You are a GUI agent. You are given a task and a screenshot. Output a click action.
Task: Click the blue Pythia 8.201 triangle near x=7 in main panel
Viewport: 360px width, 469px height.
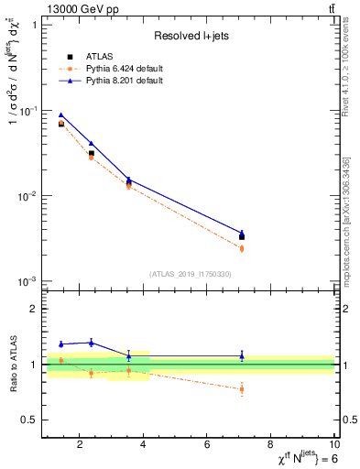(x=242, y=233)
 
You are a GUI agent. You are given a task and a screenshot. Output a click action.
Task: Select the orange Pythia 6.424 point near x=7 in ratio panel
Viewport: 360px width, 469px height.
(x=242, y=389)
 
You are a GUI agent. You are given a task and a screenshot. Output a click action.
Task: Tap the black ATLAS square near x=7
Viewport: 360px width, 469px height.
(x=242, y=237)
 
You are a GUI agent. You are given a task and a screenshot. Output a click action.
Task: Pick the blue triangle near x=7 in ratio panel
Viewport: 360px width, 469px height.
(x=242, y=355)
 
